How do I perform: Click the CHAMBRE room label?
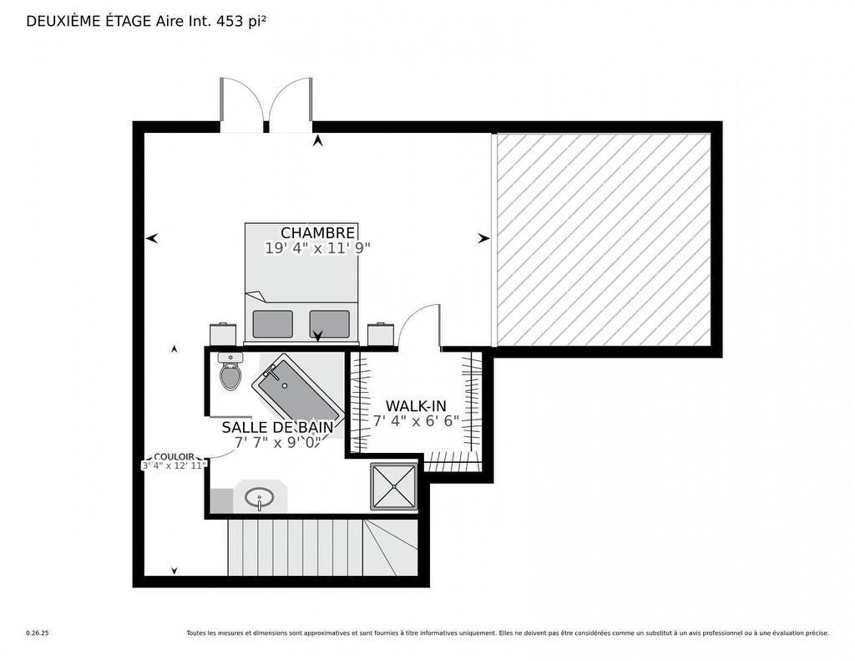tap(317, 233)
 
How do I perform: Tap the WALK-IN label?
tap(416, 406)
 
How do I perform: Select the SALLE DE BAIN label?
tap(277, 427)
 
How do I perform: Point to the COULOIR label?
tap(174, 457)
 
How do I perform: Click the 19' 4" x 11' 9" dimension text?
tap(317, 248)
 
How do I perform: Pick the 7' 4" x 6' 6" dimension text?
tap(416, 421)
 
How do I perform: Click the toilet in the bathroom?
tap(230, 371)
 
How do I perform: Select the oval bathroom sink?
tap(260, 498)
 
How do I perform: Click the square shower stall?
tap(394, 486)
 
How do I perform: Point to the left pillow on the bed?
tap(273, 324)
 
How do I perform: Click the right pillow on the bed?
tap(329, 324)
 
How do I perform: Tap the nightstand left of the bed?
tap(224, 334)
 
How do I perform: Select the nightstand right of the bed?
tap(381, 334)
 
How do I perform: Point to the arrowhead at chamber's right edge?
tap(483, 238)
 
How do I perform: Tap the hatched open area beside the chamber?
tap(604, 240)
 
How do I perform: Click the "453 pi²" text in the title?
tap(241, 21)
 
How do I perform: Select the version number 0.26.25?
tap(38, 633)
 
